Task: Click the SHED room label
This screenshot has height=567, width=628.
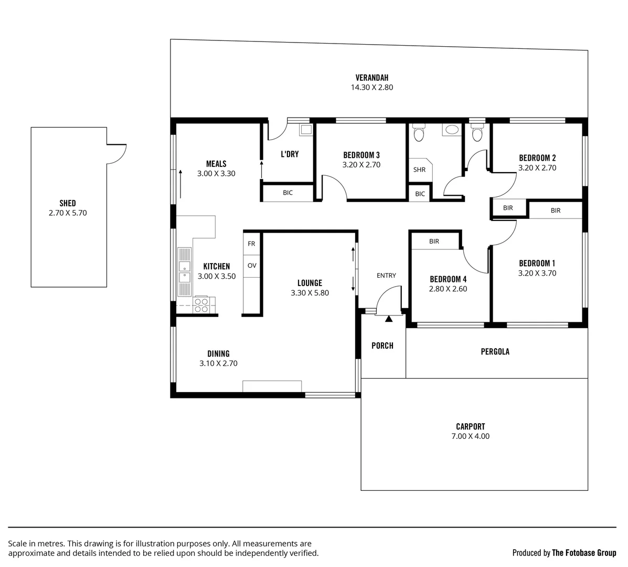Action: click(67, 203)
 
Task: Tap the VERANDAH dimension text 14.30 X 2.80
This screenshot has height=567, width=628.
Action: click(371, 88)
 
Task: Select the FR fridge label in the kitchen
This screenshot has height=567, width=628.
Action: click(251, 244)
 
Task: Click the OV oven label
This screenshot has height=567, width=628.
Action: click(252, 266)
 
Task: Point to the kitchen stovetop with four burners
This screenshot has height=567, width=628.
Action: click(201, 304)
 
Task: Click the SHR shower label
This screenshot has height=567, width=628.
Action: click(419, 170)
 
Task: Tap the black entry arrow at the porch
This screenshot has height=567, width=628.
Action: click(389, 318)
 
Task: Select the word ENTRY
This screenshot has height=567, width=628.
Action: click(386, 276)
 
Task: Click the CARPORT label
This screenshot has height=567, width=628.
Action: click(470, 427)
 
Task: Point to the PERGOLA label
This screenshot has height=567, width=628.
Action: click(495, 352)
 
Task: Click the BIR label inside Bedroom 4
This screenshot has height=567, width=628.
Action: click(434, 241)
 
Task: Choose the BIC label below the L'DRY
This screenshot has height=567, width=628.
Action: click(288, 193)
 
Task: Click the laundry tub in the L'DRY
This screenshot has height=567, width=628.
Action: click(305, 129)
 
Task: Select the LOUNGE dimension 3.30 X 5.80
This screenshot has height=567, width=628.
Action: click(310, 293)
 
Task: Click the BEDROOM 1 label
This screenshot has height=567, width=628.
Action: click(537, 263)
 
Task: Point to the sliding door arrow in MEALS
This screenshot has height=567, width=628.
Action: click(180, 183)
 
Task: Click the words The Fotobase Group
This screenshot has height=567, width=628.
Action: click(584, 552)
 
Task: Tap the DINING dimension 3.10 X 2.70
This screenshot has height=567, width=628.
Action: click(218, 363)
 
